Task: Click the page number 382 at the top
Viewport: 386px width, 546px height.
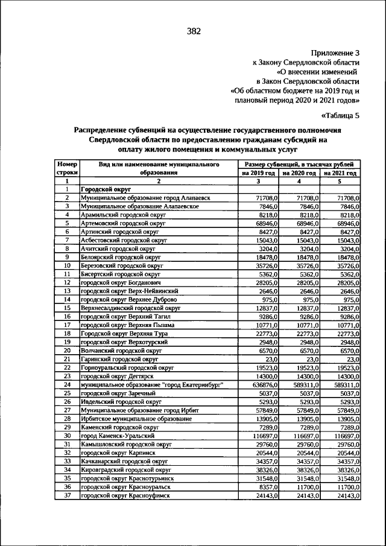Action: [194, 31]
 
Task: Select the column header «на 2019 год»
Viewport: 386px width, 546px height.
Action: [258, 173]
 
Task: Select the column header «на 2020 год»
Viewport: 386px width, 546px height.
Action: [299, 173]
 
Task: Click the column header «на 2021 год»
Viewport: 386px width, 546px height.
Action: [340, 173]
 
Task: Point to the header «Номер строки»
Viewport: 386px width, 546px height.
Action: [67, 168]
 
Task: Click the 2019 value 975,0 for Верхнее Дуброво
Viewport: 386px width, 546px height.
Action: [268, 299]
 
